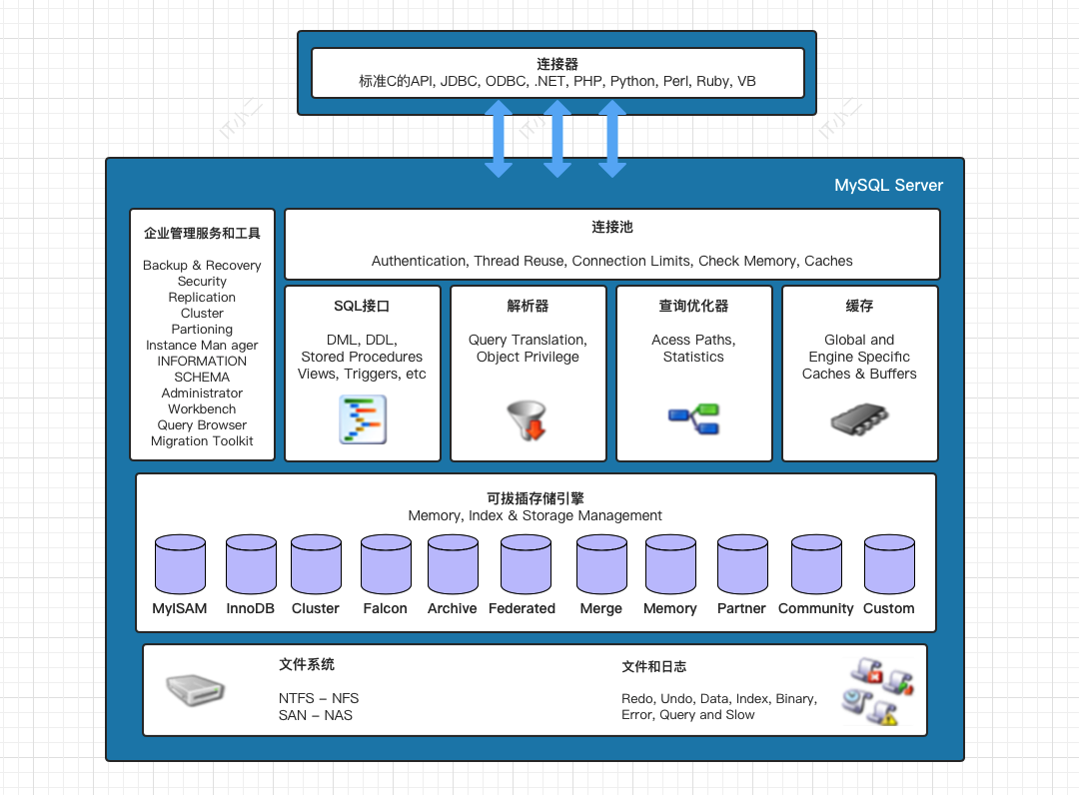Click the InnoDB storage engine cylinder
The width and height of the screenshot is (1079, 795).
click(x=251, y=564)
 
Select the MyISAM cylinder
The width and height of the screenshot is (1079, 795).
click(x=180, y=564)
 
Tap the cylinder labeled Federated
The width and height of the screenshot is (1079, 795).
click(x=526, y=564)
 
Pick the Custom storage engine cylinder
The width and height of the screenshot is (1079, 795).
click(x=889, y=564)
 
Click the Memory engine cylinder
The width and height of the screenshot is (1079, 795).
click(x=670, y=564)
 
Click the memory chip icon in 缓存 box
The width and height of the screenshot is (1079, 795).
click(x=860, y=419)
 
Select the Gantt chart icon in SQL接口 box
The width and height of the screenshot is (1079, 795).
click(x=362, y=419)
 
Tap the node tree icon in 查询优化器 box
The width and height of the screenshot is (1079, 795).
click(x=693, y=419)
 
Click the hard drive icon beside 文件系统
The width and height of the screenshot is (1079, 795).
click(x=195, y=689)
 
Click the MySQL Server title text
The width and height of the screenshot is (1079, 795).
click(x=888, y=185)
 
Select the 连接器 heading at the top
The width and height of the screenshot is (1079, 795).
click(x=557, y=64)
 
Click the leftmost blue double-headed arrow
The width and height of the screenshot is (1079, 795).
click(x=499, y=138)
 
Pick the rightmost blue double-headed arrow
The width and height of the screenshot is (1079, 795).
click(x=612, y=138)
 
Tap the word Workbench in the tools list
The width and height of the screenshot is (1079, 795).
click(x=202, y=408)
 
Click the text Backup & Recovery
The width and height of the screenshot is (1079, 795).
click(x=202, y=265)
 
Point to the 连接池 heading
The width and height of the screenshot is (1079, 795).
click(x=611, y=227)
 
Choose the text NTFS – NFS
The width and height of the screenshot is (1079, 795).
click(x=319, y=698)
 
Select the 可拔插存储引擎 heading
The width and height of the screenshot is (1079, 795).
click(x=535, y=497)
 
